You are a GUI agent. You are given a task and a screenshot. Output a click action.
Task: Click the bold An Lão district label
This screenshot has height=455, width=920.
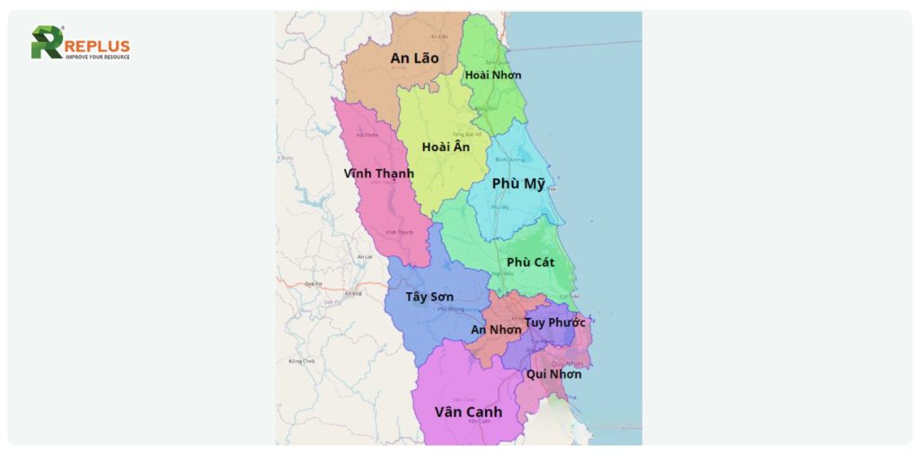pyautogui.click(x=414, y=58)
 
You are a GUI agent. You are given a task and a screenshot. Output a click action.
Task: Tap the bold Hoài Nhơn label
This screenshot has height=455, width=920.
pyautogui.click(x=493, y=75)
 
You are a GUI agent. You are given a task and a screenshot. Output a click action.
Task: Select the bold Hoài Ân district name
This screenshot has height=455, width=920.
pyautogui.click(x=446, y=147)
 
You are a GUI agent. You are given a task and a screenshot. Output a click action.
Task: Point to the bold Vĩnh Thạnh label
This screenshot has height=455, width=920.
pyautogui.click(x=378, y=174)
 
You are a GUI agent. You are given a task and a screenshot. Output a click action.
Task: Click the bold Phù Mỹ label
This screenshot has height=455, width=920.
pyautogui.click(x=518, y=184)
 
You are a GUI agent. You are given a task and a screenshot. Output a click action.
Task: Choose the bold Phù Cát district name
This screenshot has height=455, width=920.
pyautogui.click(x=530, y=263)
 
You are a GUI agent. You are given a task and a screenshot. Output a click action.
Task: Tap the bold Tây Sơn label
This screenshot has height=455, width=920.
pyautogui.click(x=429, y=297)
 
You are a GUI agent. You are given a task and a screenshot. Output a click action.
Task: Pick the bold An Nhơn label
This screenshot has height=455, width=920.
pyautogui.click(x=496, y=330)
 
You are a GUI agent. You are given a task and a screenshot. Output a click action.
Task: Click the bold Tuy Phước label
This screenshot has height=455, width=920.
pyautogui.click(x=555, y=322)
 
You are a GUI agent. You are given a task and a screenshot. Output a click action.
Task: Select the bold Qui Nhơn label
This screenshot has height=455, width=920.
pyautogui.click(x=553, y=374)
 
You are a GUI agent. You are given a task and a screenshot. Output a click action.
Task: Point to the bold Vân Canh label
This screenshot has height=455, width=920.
pyautogui.click(x=468, y=412)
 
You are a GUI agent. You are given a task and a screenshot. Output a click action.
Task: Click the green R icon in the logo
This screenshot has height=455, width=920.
pyautogui.click(x=47, y=42)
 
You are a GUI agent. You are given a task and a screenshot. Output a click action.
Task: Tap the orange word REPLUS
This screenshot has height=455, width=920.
pyautogui.click(x=97, y=46)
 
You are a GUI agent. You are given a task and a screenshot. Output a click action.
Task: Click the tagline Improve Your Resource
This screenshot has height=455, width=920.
pyautogui.click(x=97, y=58)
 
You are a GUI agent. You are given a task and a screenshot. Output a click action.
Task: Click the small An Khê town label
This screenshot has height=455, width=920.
pyautogui.click(x=353, y=294)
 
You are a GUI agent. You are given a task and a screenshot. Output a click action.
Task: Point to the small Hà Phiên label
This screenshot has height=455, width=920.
pyautogui.click(x=367, y=135)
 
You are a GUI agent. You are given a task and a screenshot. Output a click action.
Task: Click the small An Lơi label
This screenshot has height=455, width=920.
pyautogui.click(x=364, y=257)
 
